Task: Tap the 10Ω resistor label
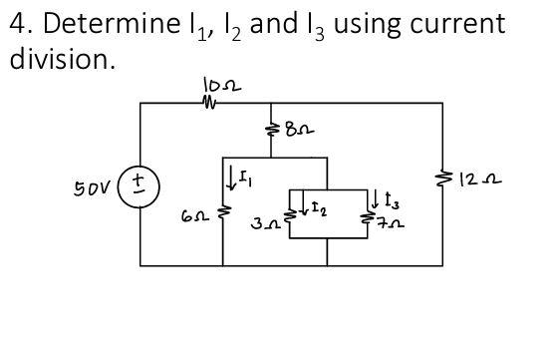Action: [222, 85]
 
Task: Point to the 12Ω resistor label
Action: [480, 180]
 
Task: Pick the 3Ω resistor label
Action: [264, 223]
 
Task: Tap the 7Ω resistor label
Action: [391, 224]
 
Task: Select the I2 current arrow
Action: [304, 201]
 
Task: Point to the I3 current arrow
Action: [375, 199]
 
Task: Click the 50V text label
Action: [92, 188]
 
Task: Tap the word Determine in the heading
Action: [112, 23]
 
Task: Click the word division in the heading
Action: [60, 59]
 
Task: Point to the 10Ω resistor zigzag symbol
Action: [209, 103]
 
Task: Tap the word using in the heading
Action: [368, 26]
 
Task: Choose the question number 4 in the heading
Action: [19, 23]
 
